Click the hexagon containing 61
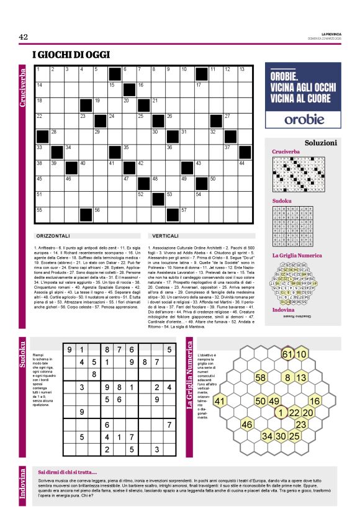pyautogui.click(x=286, y=354)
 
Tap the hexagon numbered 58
pyautogui.click(x=261, y=377)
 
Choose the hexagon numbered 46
pyautogui.click(x=247, y=425)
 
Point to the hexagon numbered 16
pyautogui.click(x=314, y=401)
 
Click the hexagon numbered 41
pyautogui.click(x=219, y=401)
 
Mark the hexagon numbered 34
pyautogui.click(x=267, y=436)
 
